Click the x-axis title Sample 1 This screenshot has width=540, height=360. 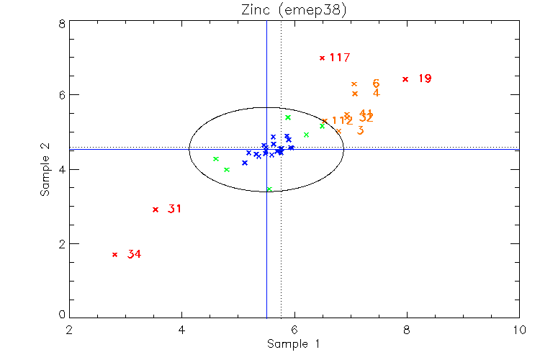tap(293, 344)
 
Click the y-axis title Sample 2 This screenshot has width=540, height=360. tap(45, 169)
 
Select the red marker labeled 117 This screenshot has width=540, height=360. tap(322, 58)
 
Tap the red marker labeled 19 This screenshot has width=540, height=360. tap(405, 78)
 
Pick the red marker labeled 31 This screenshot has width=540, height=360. tap(156, 210)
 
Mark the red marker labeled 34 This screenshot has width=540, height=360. tap(114, 254)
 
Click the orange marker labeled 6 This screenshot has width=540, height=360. tap(354, 84)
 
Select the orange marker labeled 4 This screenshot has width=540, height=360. tap(354, 94)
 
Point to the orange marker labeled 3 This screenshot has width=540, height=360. tap(338, 131)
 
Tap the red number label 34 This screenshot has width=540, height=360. tap(134, 254)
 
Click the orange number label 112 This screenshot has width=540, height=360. tap(342, 121)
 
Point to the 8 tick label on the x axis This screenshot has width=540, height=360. tap(406, 330)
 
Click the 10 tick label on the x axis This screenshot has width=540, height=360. tap(518, 330)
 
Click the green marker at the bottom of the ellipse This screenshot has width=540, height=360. tap(269, 189)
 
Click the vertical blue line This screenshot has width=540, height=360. tap(266, 238)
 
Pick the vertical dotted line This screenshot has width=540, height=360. tap(280, 238)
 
